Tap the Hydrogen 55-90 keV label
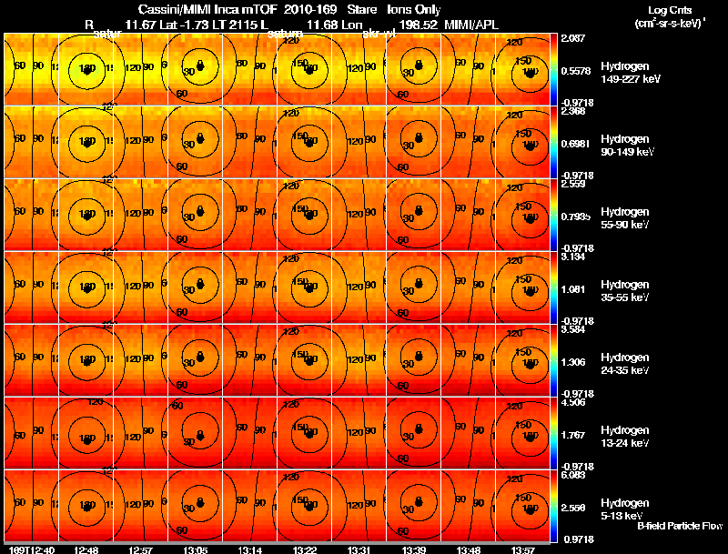(626, 217)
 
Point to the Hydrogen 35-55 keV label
(626, 290)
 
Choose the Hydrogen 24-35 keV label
(626, 364)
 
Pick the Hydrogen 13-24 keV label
(626, 437)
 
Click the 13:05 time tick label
(197, 549)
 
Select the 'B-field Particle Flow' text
(679, 526)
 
